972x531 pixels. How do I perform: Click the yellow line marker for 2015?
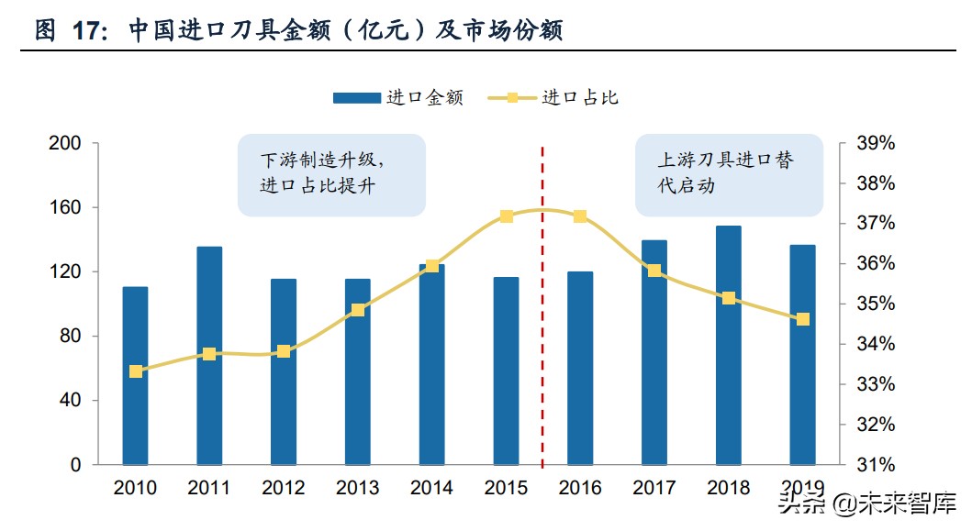[x=507, y=216]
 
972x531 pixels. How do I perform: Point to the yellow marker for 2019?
[x=803, y=319]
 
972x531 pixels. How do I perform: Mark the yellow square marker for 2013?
[x=358, y=310]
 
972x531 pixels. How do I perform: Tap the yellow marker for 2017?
[x=654, y=271]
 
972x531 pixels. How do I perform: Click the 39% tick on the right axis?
[x=875, y=144]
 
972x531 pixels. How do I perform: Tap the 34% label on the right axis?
[x=875, y=345]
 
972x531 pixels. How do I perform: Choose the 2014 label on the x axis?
[x=431, y=488]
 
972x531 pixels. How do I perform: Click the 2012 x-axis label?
[x=284, y=488]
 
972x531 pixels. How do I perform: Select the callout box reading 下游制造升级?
[x=330, y=174]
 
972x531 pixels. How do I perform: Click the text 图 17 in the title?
[x=69, y=31]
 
